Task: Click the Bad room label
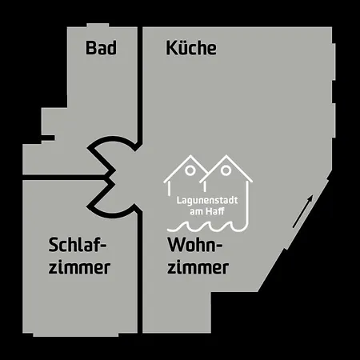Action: (101, 48)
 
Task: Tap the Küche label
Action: (191, 47)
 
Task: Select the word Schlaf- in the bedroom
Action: (78, 245)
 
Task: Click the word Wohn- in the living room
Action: (195, 245)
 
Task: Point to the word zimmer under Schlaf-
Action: (79, 266)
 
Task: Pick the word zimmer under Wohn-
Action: (198, 266)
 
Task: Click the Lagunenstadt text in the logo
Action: (207, 201)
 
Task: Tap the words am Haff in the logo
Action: (207, 212)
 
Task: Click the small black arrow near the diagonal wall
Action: (302, 211)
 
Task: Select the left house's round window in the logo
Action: (190, 170)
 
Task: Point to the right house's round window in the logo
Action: (226, 170)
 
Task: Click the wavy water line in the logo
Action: (206, 226)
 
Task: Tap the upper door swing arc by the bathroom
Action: (114, 138)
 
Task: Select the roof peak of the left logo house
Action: (190, 156)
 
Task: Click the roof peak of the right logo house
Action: (226, 156)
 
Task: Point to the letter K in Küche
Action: (171, 48)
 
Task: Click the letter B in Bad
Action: (90, 48)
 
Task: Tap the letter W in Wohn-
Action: (177, 245)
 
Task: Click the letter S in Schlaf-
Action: (53, 245)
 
